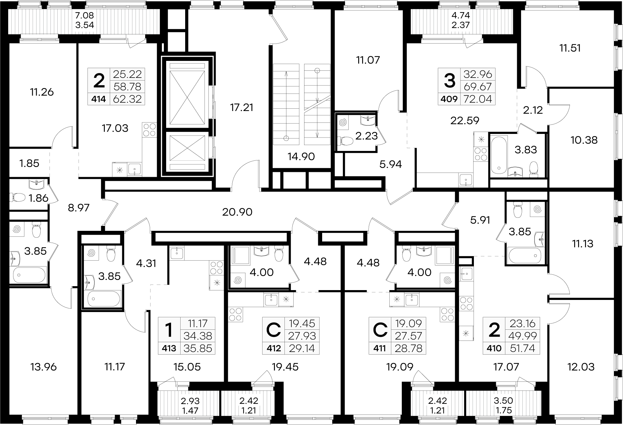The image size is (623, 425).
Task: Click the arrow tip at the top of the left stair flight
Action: point(286,71)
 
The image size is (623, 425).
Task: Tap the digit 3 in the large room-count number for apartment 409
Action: point(449,81)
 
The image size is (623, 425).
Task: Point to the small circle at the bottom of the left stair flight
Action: point(286,138)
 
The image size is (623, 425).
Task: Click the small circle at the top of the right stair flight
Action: point(317,70)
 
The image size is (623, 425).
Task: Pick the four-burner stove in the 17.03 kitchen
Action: point(149,129)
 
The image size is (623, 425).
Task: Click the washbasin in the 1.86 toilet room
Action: point(36,184)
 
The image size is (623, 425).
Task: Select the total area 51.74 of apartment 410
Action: point(523,348)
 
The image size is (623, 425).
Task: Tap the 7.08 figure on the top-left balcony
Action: point(85,15)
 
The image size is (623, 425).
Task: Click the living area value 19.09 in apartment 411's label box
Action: point(408,324)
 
